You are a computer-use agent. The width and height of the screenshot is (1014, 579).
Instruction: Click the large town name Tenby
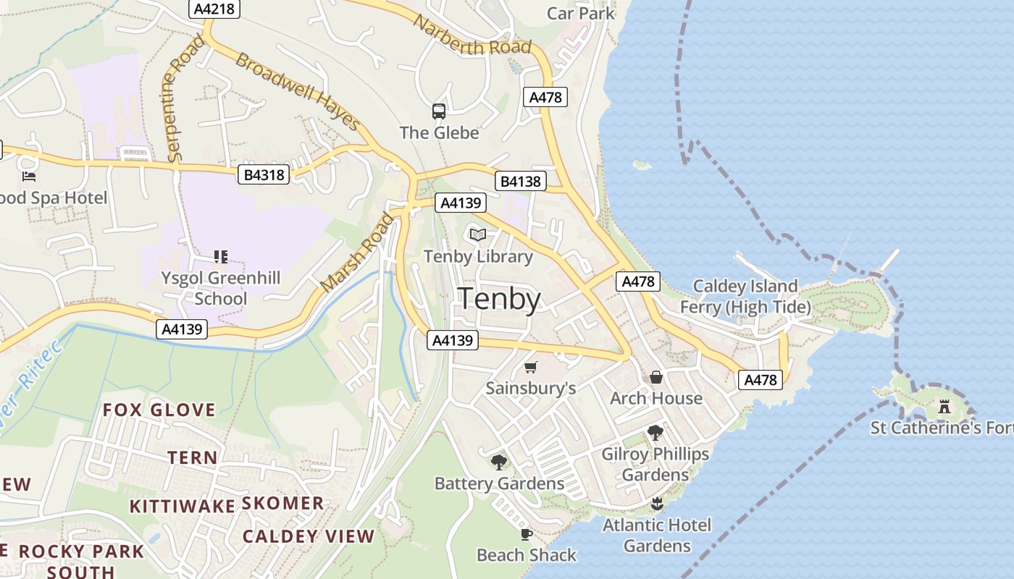point(500,300)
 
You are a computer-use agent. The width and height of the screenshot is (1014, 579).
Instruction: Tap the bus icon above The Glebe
point(439,111)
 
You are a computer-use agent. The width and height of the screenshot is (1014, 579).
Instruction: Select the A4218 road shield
point(214,9)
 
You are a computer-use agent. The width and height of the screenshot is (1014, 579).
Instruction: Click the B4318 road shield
point(264,174)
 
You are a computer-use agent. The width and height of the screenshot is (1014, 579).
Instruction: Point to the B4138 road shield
point(521,181)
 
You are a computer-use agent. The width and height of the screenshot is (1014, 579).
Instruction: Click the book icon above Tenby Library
point(477,234)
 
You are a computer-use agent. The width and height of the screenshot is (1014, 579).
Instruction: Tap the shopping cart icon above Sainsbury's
point(531,367)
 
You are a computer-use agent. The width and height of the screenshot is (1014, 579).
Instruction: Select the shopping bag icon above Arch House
point(656,377)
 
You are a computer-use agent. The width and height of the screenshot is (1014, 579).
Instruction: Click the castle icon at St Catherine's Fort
point(944,407)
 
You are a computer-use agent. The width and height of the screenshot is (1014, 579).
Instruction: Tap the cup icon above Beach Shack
point(527,534)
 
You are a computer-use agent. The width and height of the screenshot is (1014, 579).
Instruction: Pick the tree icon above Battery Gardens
point(498,462)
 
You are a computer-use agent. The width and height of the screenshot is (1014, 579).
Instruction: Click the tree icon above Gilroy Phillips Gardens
point(655,433)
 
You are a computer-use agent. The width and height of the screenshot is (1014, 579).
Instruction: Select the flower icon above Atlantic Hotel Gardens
point(657,503)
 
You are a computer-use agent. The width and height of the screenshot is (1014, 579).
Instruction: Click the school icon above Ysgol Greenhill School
point(221,256)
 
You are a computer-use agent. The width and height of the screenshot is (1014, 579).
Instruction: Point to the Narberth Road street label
point(472,35)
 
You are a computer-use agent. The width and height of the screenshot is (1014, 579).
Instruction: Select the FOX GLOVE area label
point(159,410)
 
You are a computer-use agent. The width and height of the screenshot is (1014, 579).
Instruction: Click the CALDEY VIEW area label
point(308,536)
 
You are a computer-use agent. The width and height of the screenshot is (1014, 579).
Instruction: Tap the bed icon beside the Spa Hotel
point(29,176)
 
